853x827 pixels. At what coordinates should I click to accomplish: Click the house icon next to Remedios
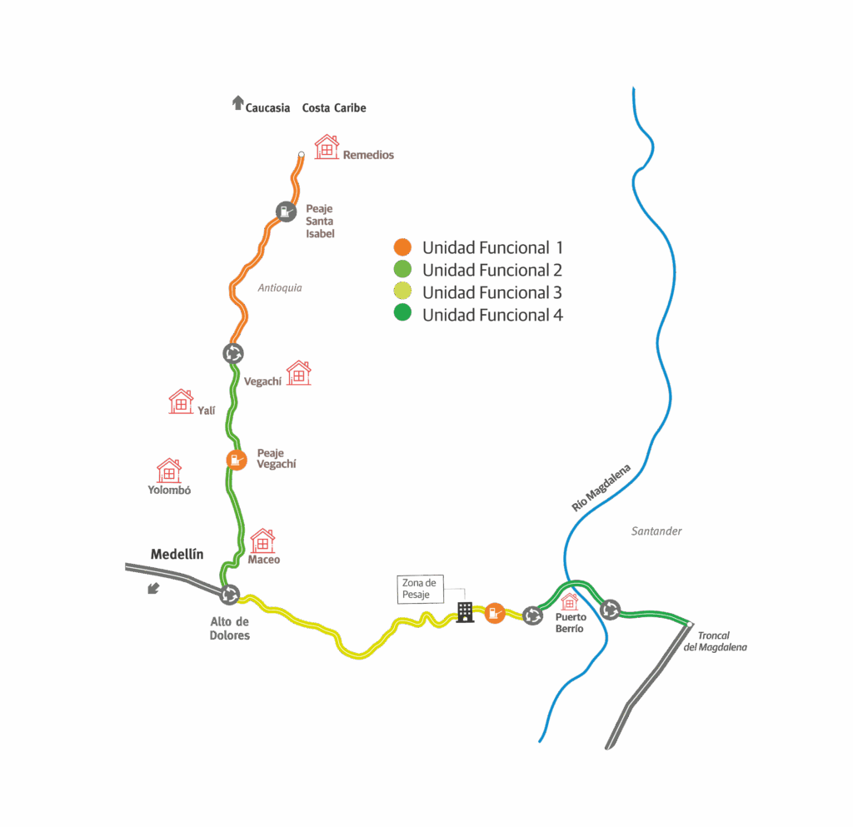click(327, 147)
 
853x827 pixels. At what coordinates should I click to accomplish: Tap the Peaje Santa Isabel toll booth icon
click(285, 212)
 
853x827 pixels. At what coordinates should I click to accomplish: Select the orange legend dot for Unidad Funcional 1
click(402, 247)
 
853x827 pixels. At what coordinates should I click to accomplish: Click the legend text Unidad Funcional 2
click(491, 270)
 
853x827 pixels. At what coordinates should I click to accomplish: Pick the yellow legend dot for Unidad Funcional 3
click(402, 292)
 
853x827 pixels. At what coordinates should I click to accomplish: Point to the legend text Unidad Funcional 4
click(491, 315)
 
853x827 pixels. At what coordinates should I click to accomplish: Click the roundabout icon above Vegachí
click(233, 353)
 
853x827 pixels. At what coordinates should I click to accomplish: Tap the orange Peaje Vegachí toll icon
click(237, 459)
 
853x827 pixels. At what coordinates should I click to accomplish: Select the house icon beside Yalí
click(181, 401)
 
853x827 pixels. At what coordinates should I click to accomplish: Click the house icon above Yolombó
click(169, 471)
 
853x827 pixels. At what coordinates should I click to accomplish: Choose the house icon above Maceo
click(262, 541)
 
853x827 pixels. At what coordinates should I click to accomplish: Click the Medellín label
click(177, 555)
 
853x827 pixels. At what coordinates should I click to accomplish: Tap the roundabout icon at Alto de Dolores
click(230, 595)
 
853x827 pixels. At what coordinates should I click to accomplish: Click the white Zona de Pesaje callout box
click(421, 589)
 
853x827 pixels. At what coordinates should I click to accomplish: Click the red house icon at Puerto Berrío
click(570, 601)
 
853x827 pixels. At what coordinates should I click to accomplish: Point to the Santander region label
click(656, 531)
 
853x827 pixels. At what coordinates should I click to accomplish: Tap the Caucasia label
click(267, 108)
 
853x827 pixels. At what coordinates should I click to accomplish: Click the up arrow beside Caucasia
click(237, 103)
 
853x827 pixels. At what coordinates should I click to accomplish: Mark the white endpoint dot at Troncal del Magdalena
click(690, 624)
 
